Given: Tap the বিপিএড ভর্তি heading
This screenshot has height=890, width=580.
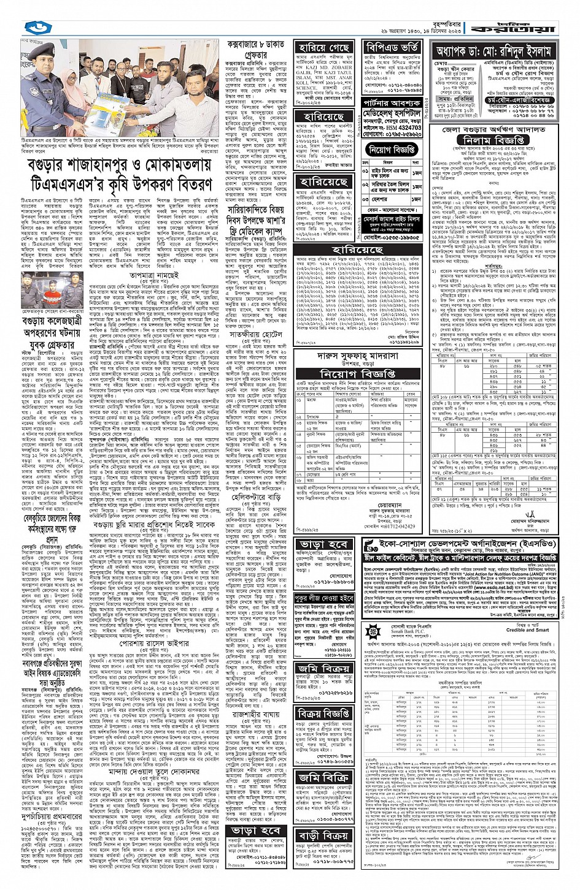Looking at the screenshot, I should (393, 48).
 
